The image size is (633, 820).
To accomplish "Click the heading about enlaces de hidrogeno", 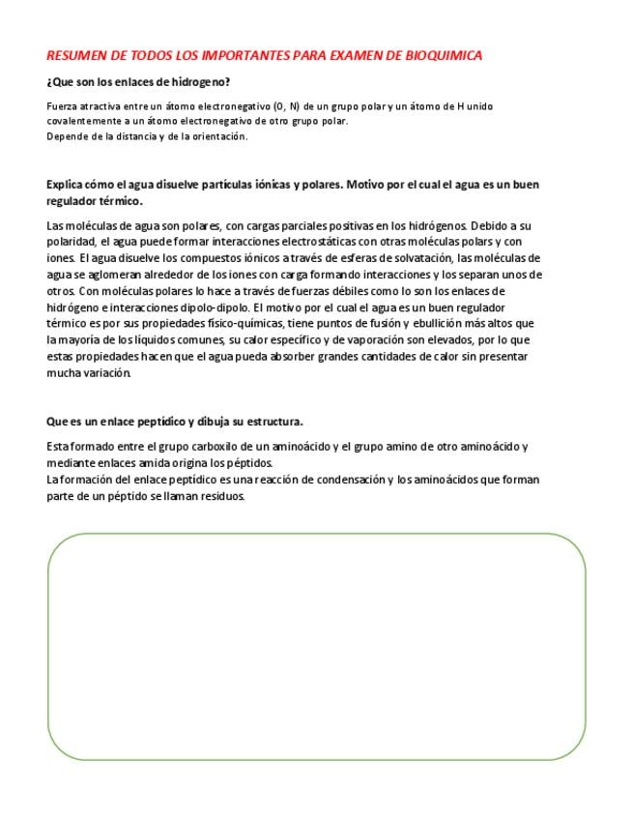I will (138, 82).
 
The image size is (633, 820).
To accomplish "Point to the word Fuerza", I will (61, 105).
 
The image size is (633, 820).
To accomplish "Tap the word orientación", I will (218, 136).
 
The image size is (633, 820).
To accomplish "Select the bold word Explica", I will (67, 184).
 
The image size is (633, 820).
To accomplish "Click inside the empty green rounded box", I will (316, 646).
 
